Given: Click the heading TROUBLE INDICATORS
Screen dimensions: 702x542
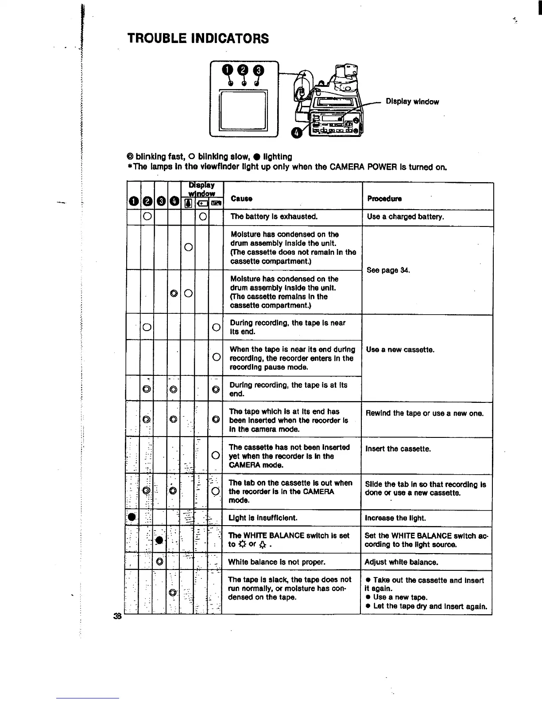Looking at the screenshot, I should click(x=198, y=39).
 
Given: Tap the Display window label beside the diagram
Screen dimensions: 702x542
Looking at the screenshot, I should click(x=412, y=101).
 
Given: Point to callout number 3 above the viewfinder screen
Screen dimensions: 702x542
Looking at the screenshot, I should click(x=258, y=70).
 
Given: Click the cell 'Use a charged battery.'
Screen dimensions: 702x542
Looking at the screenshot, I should click(x=405, y=217).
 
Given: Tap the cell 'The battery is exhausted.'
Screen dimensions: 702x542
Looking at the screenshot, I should click(x=274, y=217).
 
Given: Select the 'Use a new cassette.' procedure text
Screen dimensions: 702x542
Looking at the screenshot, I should click(x=400, y=350).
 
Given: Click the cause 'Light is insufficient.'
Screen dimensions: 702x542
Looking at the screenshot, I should click(x=263, y=518).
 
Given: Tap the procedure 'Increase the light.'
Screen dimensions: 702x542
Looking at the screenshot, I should click(x=395, y=518).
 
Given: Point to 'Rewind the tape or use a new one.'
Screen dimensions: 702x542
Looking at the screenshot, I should click(x=424, y=413).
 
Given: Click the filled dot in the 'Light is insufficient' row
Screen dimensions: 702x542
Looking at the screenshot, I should click(x=132, y=517).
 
